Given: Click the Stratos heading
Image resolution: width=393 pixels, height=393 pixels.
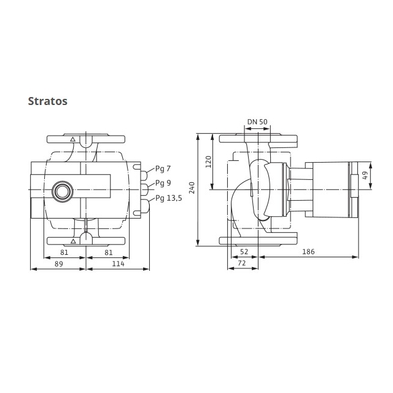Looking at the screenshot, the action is pos(48,101).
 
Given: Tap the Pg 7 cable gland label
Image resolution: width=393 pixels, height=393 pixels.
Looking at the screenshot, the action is pos(163,169).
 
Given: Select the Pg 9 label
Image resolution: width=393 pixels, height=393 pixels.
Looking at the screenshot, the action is pos(163,183).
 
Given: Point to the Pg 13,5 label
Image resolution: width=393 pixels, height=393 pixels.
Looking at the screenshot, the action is pos(169,198).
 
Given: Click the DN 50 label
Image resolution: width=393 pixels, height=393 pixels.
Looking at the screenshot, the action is pos(257,122).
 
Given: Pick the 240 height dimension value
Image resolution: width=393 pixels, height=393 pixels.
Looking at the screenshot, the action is pos(192,188).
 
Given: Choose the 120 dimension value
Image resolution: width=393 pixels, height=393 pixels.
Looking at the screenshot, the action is pos(209,162).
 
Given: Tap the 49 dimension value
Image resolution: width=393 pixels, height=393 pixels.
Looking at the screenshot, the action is pos(365,176).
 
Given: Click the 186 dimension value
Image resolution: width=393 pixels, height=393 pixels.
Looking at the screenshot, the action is pos(308,252).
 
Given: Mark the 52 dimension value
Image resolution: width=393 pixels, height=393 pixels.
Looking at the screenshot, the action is pos(244,252).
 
